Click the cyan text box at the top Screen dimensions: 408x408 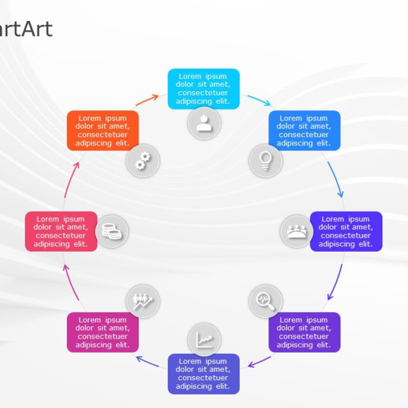coord(203,88)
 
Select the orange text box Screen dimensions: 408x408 coord(103,130)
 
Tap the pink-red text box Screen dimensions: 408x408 coord(61,231)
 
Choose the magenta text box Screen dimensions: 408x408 coord(103,332)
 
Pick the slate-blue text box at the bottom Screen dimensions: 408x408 coord(203,374)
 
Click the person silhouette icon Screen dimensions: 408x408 coord(204,123)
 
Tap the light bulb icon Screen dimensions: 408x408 coord(265,159)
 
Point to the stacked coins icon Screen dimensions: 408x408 coord(112,230)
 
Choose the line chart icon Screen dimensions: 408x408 coord(204,340)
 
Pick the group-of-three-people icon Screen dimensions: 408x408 coord(296,231)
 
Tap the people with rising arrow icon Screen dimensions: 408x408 coord(142,300)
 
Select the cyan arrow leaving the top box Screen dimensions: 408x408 coord(259,100)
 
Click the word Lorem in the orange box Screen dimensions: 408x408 coord(90,118)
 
